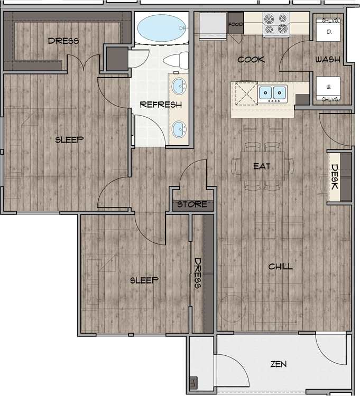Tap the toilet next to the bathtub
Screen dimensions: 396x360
click(177, 58)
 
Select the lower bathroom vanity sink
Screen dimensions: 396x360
click(180, 128)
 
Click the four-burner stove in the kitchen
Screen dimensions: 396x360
click(276, 24)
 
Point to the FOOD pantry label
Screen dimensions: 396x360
click(235, 24)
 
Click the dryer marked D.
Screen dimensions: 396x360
click(328, 33)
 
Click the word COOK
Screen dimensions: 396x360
click(251, 60)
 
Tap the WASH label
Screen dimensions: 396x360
click(327, 60)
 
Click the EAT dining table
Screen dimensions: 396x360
click(262, 166)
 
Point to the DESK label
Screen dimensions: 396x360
click(335, 177)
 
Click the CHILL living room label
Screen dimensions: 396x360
click(280, 267)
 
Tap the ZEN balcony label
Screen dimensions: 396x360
click(279, 364)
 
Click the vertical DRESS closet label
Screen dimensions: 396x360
click(198, 273)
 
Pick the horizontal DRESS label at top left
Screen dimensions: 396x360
click(63, 41)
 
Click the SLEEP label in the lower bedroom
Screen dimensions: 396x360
click(144, 280)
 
